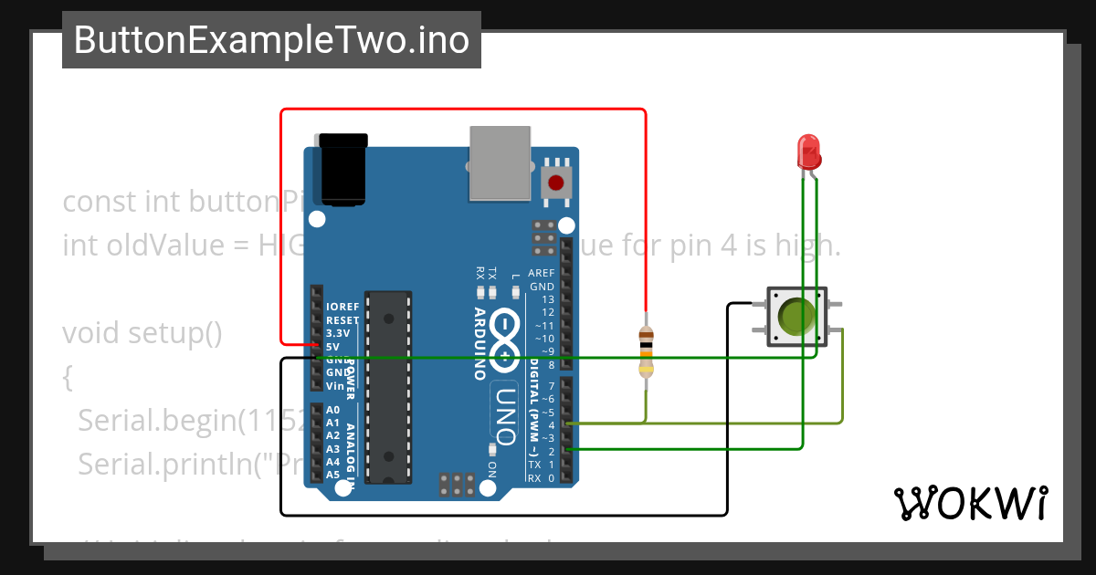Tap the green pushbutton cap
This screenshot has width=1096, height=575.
click(797, 317)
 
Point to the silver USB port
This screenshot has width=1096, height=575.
click(499, 162)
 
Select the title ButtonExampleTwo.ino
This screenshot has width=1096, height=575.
click(271, 40)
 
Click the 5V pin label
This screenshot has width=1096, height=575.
click(333, 346)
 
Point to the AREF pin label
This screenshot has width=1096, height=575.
click(541, 273)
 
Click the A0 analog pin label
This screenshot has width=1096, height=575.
click(332, 410)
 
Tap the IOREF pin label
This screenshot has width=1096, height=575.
click(342, 307)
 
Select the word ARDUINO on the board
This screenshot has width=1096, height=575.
click(479, 343)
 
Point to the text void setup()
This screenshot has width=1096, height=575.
click(142, 333)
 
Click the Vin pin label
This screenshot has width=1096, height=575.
click(334, 386)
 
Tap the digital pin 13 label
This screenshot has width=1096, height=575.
click(547, 299)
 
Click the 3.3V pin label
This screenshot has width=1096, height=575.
click(338, 333)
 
